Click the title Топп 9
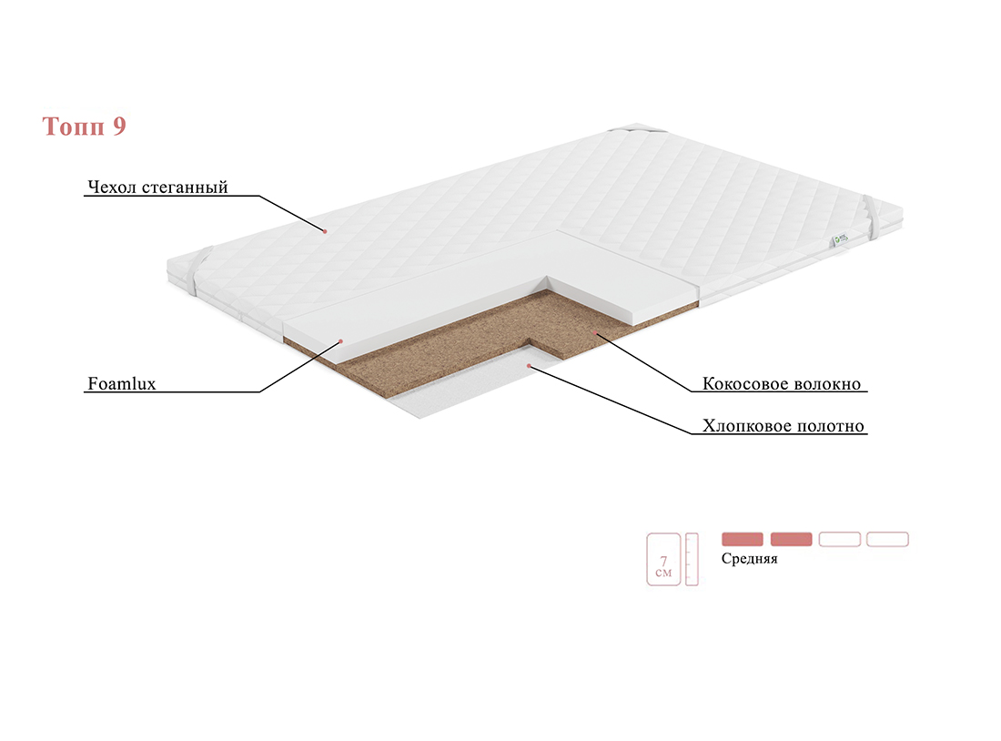[84, 126]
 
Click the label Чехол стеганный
[157, 188]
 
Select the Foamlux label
[121, 383]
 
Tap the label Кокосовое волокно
[782, 383]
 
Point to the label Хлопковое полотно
[784, 425]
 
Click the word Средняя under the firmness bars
[750, 558]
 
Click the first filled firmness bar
[743, 539]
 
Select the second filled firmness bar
[791, 539]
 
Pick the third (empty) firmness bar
[840, 539]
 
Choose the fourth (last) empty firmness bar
[887, 539]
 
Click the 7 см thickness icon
[663, 560]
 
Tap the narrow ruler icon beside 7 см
[692, 560]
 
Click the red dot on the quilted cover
[325, 231]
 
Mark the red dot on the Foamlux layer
[341, 341]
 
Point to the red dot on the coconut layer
[593, 333]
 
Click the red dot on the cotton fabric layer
[529, 365]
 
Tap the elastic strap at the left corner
[198, 271]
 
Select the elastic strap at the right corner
[872, 218]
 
